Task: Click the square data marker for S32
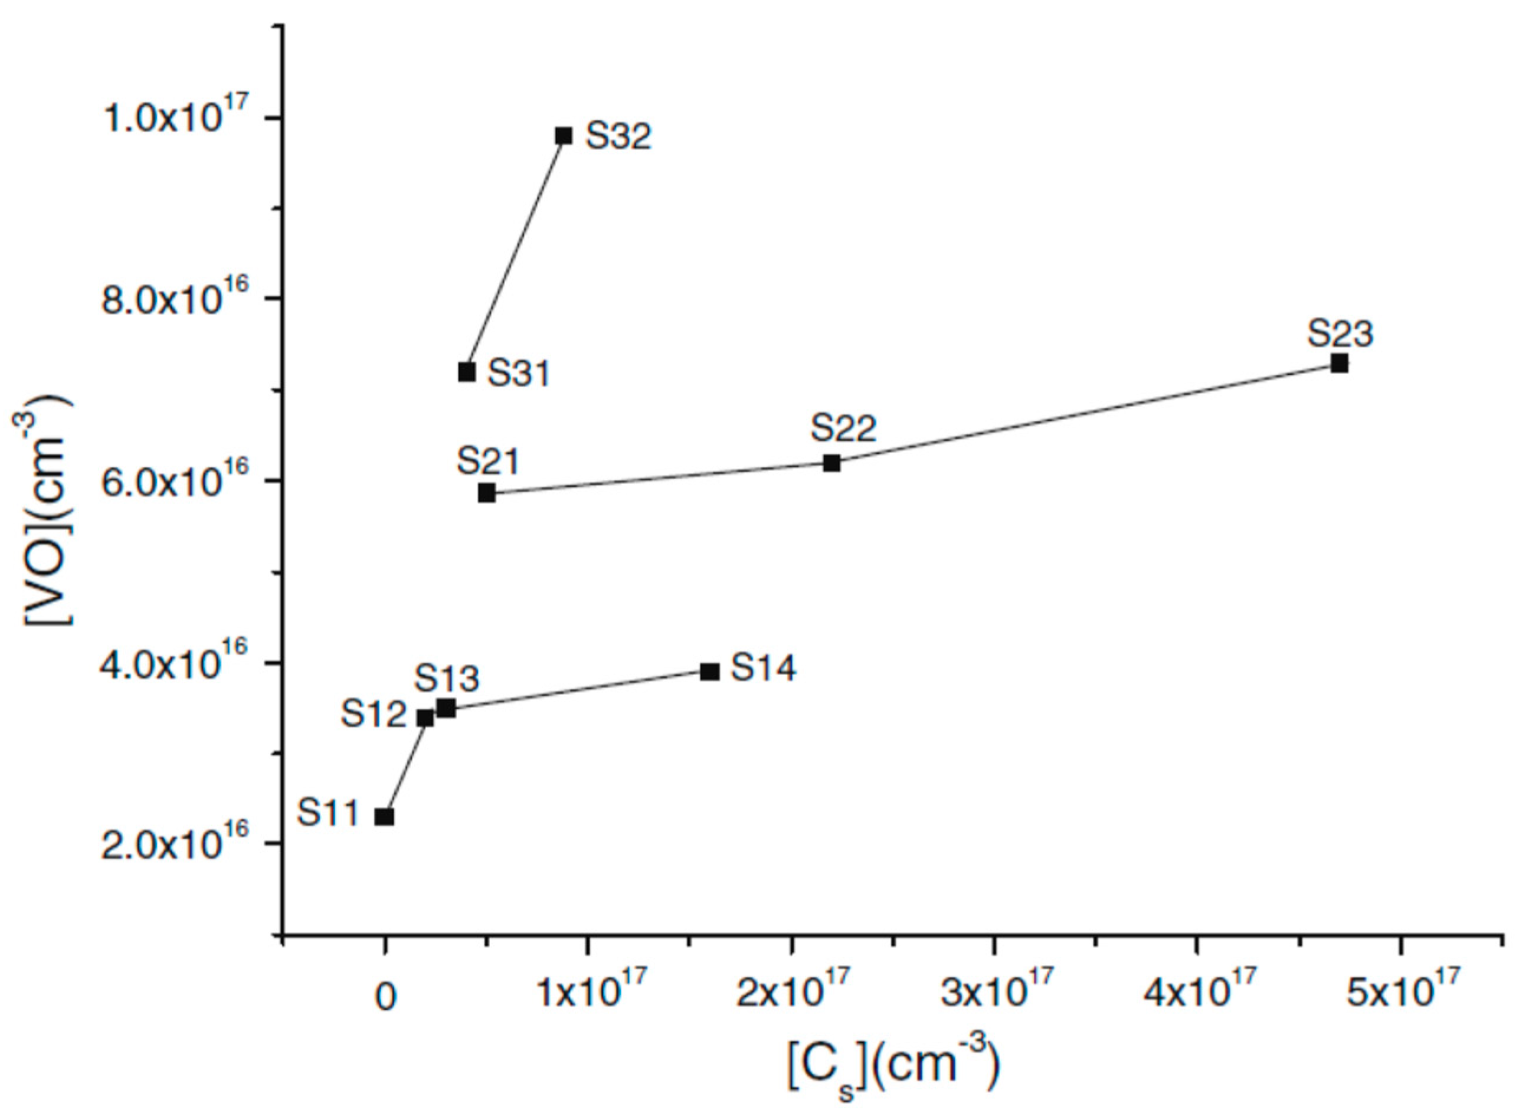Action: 564,136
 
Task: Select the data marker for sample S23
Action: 1339,364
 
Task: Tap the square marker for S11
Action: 384,816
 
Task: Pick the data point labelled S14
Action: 709,671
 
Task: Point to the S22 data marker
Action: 831,463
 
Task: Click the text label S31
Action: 519,374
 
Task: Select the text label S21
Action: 488,462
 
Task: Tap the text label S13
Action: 447,678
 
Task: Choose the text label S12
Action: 374,714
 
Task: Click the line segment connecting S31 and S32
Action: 515,254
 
